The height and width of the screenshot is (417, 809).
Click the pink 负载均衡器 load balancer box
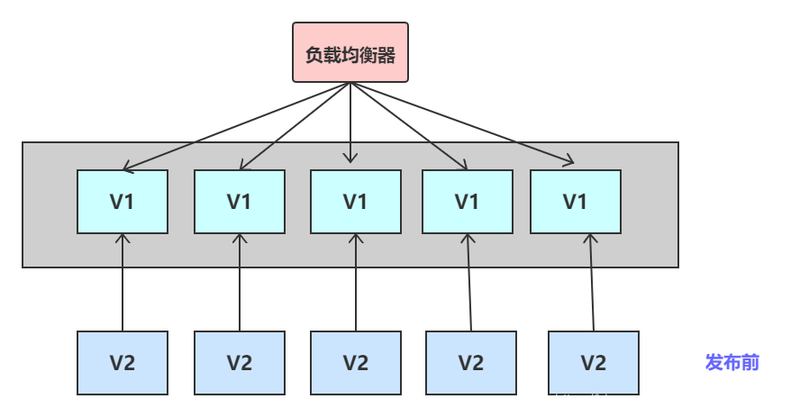[350, 53]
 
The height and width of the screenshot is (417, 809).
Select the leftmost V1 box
[123, 202]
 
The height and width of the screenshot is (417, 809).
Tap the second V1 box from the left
[240, 202]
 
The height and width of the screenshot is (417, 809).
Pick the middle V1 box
[356, 202]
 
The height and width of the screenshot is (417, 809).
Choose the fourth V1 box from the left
[468, 202]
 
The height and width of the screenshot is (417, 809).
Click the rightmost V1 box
[576, 202]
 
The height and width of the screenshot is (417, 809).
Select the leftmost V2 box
[123, 363]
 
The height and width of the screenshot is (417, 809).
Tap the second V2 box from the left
[240, 363]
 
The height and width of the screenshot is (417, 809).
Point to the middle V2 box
[356, 363]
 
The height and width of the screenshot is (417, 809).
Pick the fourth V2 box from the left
[471, 363]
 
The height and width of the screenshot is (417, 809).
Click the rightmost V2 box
[594, 363]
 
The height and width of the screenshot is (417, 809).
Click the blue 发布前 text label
[732, 363]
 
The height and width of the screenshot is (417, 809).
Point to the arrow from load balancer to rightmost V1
[462, 124]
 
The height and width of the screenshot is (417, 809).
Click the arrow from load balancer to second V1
[295, 126]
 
